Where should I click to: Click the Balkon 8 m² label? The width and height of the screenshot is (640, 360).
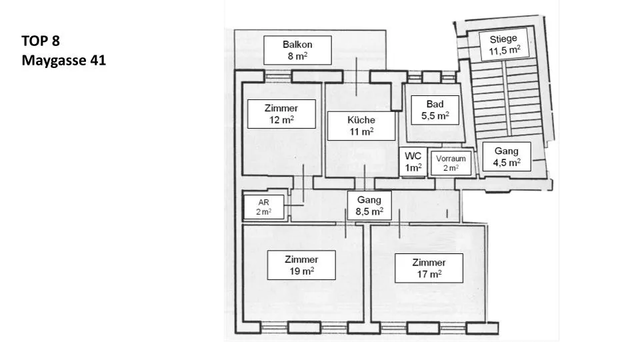click(297, 50)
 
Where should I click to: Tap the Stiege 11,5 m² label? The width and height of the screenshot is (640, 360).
click(505, 45)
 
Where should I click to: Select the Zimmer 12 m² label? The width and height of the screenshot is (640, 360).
click(281, 114)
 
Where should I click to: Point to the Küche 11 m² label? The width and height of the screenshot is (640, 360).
click(361, 126)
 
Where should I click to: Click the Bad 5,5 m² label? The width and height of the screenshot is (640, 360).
click(435, 110)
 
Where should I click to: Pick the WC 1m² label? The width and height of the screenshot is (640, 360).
click(413, 161)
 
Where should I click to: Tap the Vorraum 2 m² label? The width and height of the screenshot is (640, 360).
click(451, 163)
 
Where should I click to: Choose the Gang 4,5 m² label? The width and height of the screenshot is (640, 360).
click(507, 157)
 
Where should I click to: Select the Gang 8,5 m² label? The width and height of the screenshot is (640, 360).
click(369, 205)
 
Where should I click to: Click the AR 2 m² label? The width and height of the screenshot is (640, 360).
click(264, 207)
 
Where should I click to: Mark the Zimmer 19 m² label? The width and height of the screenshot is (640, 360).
click(301, 265)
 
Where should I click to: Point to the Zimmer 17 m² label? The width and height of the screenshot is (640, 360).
click(429, 268)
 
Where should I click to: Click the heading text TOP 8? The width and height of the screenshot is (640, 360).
click(41, 41)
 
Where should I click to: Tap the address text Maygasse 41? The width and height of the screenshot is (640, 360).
click(64, 61)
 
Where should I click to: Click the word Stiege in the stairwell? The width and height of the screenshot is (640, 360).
click(503, 39)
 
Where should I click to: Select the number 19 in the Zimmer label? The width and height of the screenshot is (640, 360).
click(295, 271)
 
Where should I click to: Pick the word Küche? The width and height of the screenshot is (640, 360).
click(361, 120)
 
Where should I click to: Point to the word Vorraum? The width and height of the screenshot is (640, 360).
click(451, 159)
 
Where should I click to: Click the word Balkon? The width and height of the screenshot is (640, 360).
click(297, 45)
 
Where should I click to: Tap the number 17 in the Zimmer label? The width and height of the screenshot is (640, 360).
click(423, 274)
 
